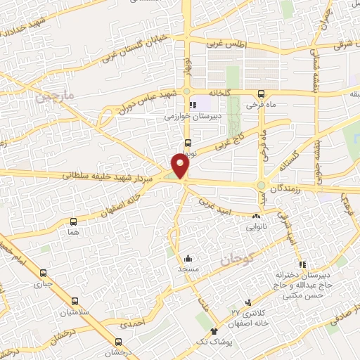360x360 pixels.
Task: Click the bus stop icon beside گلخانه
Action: pyautogui.click(x=261, y=93)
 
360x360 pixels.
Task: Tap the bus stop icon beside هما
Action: pyautogui.click(x=74, y=221)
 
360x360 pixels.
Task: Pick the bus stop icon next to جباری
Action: pyautogui.click(x=44, y=274)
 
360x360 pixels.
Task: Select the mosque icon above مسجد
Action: pyautogui.click(x=188, y=258)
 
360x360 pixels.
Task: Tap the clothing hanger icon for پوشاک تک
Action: pyautogui.click(x=214, y=331)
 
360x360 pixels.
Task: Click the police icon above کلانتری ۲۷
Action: pyautogui.click(x=246, y=300)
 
